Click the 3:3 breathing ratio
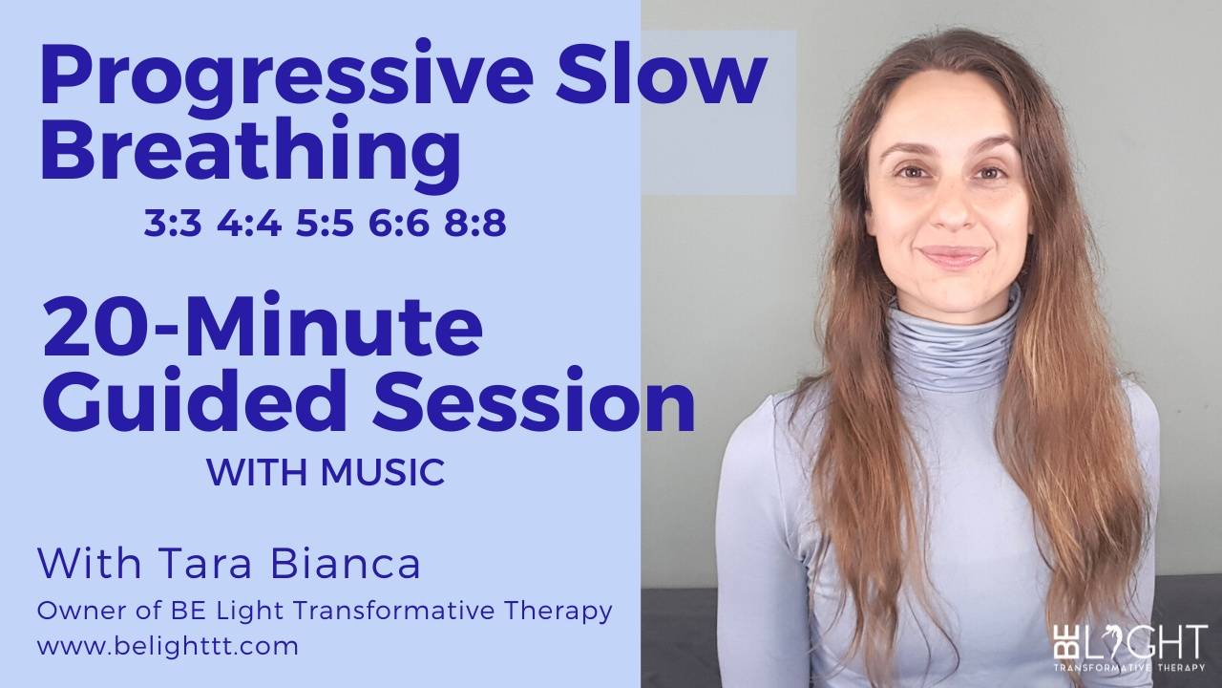[173, 225]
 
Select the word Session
[533, 402]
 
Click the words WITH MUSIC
[326, 472]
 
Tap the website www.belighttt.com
[168, 646]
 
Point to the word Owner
[75, 610]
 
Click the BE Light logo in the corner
[1129, 648]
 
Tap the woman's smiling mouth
[952, 256]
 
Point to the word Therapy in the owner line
[564, 610]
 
